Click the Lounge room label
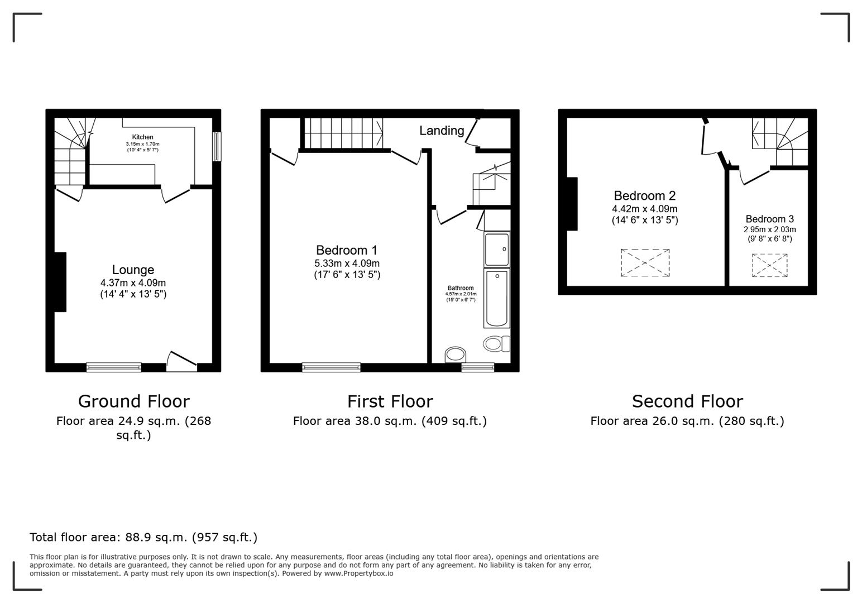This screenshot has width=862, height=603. [133, 270]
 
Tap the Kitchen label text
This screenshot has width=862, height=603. [142, 137]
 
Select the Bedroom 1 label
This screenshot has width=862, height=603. [347, 250]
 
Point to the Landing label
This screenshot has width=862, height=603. [442, 131]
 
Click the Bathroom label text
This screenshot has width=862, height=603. [460, 288]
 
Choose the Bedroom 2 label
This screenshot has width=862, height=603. [644, 196]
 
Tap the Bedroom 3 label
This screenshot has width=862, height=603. [769, 219]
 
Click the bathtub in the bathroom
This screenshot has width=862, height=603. [496, 298]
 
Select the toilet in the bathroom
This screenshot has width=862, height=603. [496, 343]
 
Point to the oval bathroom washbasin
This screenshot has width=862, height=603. [456, 355]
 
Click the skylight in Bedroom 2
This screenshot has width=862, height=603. [645, 262]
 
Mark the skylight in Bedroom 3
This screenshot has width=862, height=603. [769, 265]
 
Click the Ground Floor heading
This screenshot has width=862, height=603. [133, 401]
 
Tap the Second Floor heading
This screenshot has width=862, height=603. [687, 401]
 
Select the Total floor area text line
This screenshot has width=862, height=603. [143, 537]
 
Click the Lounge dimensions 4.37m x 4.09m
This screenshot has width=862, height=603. [133, 283]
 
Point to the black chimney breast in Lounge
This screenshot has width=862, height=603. [60, 282]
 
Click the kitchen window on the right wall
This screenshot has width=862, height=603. [217, 146]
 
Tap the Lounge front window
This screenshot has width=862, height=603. [114, 367]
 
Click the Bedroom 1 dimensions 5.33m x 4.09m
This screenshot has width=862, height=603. [347, 264]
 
